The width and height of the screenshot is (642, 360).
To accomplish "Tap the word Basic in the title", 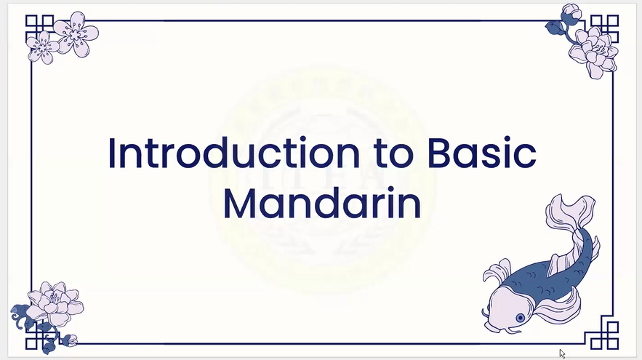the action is pyautogui.click(x=481, y=153).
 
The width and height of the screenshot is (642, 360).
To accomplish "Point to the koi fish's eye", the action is pyautogui.click(x=520, y=318).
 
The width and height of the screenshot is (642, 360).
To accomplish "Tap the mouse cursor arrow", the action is pyautogui.click(x=562, y=354).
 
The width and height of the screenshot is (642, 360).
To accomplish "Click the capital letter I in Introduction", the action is pyautogui.click(x=111, y=153).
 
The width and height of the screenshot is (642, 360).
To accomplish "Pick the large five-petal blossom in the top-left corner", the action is pyautogui.click(x=76, y=33).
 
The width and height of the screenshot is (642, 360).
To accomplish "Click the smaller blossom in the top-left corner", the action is pyautogui.click(x=43, y=48).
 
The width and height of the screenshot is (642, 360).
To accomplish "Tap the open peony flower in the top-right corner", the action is pyautogui.click(x=594, y=52).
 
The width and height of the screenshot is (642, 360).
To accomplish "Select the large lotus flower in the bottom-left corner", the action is pyautogui.click(x=55, y=303).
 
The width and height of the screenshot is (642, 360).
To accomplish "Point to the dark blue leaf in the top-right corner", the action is pyautogui.click(x=555, y=28).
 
